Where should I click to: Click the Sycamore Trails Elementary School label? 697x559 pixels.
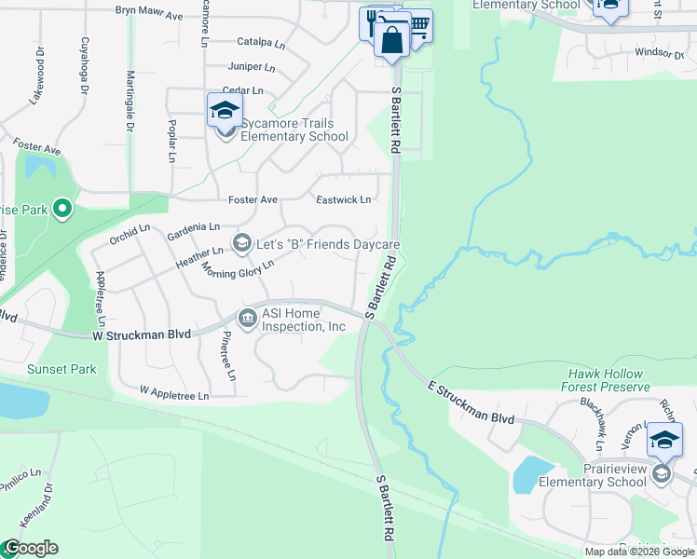pyautogui.click(x=294, y=130)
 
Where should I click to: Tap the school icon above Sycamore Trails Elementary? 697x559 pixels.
pyautogui.click(x=225, y=111)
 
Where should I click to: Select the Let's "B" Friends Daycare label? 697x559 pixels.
pyautogui.click(x=329, y=245)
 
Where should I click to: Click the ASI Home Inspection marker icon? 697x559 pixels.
pyautogui.click(x=248, y=319)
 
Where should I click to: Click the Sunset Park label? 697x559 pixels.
pyautogui.click(x=61, y=369)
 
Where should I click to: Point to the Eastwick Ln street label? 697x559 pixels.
pyautogui.click(x=344, y=200)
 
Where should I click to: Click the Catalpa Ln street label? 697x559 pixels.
pyautogui.click(x=260, y=42)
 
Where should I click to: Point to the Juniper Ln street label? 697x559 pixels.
pyautogui.click(x=253, y=67)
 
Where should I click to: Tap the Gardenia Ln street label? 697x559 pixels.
pyautogui.click(x=194, y=230)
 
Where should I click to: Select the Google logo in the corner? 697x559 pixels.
pyautogui.click(x=30, y=548)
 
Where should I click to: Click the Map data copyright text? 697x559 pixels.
pyautogui.click(x=639, y=552)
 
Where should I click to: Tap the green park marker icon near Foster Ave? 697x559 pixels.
pyautogui.click(x=62, y=208)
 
